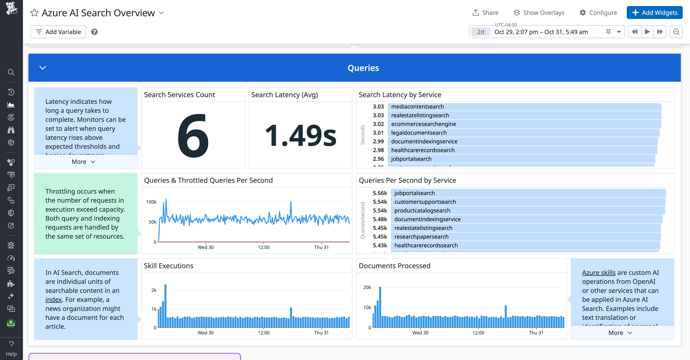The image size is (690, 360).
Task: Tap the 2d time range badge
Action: point(481,32)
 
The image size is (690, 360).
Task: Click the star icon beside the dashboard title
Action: point(34,13)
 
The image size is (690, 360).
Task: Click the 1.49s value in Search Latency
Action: point(300,135)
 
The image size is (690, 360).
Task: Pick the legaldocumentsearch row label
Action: point(419,133)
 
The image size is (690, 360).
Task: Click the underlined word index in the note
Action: point(54,299)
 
